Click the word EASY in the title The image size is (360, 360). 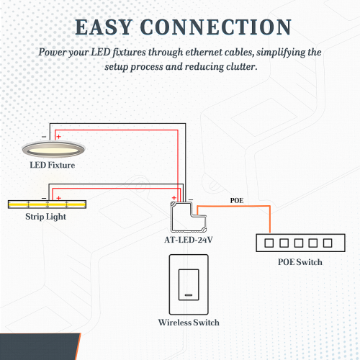click(104, 27)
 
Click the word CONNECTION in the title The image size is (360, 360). click(216, 27)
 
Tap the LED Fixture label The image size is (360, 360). click(53, 165)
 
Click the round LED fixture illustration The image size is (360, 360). click(53, 149)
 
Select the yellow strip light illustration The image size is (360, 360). click(47, 204)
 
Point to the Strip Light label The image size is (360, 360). click(45, 217)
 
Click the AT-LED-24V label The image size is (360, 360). click(189, 240)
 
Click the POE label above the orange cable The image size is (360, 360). click(237, 200)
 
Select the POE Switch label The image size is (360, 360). click(300, 262)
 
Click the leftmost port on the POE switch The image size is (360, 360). click(269, 243)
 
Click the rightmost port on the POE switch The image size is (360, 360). click(328, 243)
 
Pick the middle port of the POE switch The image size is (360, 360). click(299, 243)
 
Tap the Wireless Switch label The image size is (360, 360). click(189, 323)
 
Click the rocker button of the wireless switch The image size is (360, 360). click(189, 284)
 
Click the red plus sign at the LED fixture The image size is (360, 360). click(58, 137)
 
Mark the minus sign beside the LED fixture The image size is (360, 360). click(44, 137)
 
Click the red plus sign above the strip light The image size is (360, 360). click(58, 198)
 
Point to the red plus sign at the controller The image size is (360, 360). click(174, 198)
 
